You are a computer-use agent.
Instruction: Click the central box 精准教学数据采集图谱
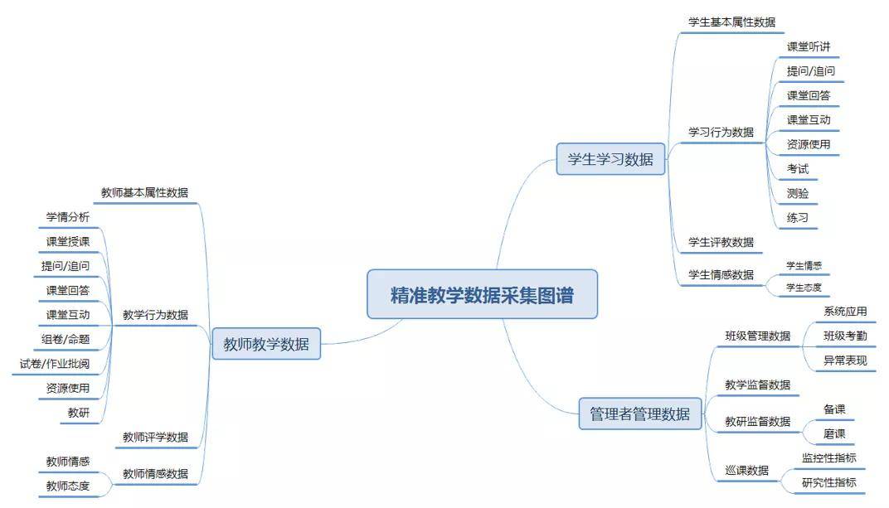pyautogui.click(x=482, y=294)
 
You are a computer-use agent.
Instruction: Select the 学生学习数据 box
pyautogui.click(x=610, y=159)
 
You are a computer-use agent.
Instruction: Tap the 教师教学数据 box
pyautogui.click(x=266, y=344)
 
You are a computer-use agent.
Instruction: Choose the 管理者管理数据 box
pyautogui.click(x=639, y=414)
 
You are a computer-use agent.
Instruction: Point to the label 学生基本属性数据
pyautogui.click(x=731, y=22)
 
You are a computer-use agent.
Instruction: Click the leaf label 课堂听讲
pyautogui.click(x=808, y=46)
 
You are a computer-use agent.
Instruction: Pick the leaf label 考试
pyautogui.click(x=797, y=169)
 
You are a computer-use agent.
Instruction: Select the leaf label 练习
pyautogui.click(x=797, y=217)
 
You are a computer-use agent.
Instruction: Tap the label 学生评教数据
pyautogui.click(x=721, y=242)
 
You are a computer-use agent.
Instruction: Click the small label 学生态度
pyautogui.click(x=804, y=288)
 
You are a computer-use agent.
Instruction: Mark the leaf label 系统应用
pyautogui.click(x=845, y=312)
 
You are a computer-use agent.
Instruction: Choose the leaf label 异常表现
pyautogui.click(x=845, y=360)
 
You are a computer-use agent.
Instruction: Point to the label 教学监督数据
pyautogui.click(x=757, y=385)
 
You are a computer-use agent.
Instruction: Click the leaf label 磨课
pyautogui.click(x=834, y=433)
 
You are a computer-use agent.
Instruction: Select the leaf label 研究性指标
pyautogui.click(x=829, y=482)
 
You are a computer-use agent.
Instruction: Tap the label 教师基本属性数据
pyautogui.click(x=144, y=192)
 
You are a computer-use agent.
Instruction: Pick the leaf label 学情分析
pyautogui.click(x=67, y=217)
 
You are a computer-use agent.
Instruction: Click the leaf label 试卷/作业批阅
pyautogui.click(x=55, y=364)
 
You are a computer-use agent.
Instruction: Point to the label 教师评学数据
pyautogui.click(x=155, y=438)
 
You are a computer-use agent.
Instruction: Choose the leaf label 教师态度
pyautogui.click(x=67, y=486)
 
